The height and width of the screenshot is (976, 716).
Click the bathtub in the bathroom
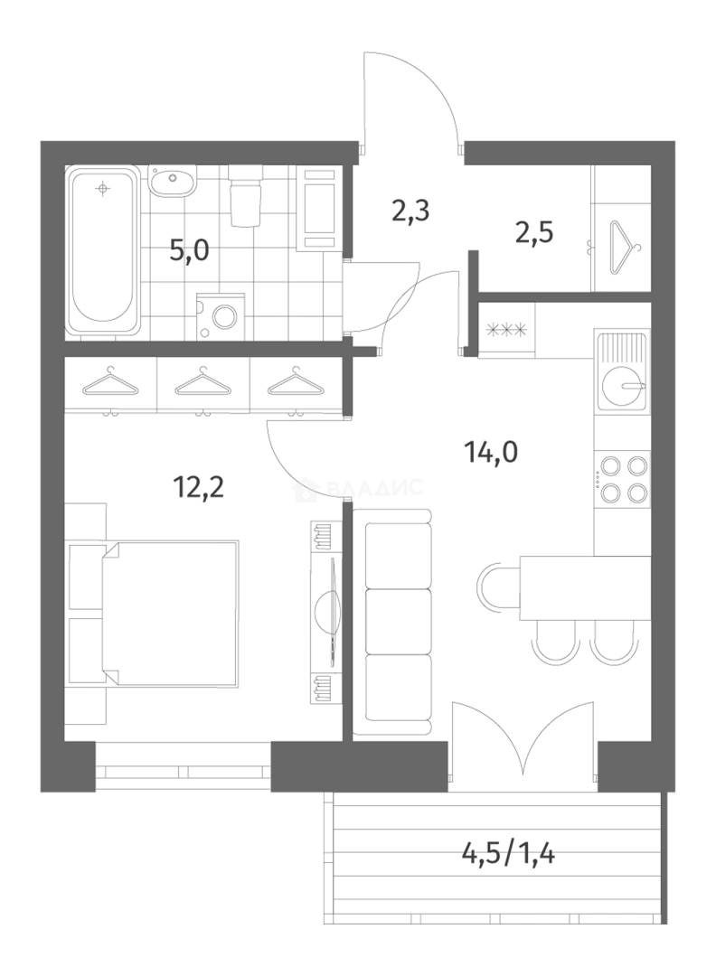click(104, 251)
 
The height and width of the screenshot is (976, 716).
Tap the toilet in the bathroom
click(245, 196)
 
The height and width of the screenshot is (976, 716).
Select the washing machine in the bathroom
click(221, 316)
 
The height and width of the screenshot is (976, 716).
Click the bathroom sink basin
click(173, 181)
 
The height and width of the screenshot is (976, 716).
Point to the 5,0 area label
click(189, 251)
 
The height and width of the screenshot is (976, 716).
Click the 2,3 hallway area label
click(411, 211)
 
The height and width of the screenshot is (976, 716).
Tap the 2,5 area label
click(534, 233)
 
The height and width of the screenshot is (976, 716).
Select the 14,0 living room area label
click(491, 452)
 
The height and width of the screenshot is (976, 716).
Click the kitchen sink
click(621, 371)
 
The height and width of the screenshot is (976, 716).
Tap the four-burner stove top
click(621, 479)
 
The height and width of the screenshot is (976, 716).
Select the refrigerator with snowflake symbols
click(506, 330)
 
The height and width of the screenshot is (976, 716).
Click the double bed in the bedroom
click(169, 614)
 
